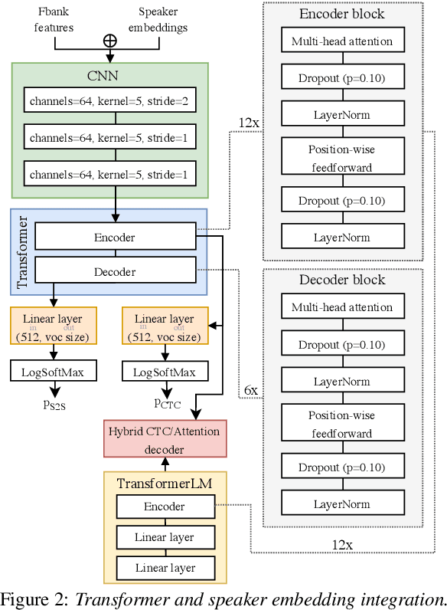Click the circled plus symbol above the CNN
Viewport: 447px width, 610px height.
point(110,40)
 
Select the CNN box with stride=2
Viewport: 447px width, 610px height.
point(109,101)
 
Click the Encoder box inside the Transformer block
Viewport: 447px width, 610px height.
point(114,238)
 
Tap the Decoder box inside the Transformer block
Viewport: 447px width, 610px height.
point(114,271)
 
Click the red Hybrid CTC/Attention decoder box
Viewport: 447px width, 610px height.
point(165,436)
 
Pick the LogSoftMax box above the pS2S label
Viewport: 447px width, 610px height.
point(54,372)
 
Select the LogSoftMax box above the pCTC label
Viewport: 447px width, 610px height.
point(165,372)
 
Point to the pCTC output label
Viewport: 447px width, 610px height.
point(168,402)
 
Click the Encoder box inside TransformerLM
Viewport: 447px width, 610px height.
point(164,507)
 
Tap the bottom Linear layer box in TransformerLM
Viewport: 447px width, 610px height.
point(164,568)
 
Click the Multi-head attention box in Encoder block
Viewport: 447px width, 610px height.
point(342,41)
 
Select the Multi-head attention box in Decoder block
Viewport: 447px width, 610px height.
point(342,307)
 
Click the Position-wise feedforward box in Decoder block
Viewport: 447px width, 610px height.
point(342,425)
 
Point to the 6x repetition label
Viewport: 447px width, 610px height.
point(251,391)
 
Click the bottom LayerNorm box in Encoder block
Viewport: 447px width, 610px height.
point(342,238)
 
